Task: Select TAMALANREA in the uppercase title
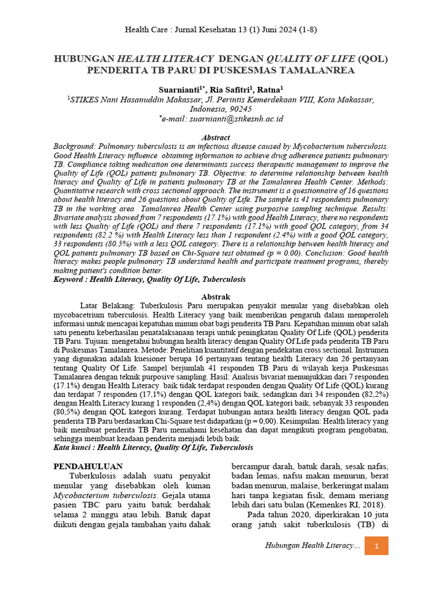point(314,71)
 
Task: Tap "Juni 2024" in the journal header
point(261,30)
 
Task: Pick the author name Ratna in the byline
point(269,89)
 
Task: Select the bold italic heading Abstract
point(215,137)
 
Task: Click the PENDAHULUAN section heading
point(87,466)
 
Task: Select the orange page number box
point(376,545)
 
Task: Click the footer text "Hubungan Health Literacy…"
point(313,545)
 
